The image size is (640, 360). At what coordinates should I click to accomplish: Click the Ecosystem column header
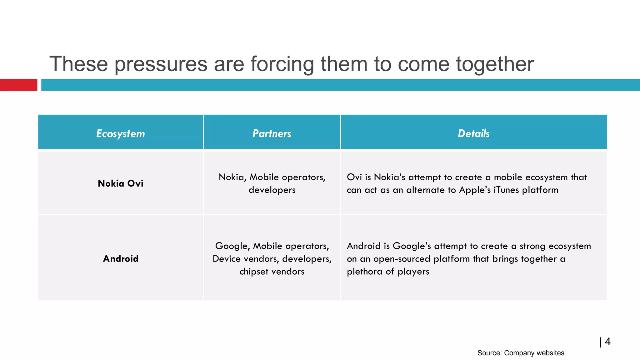[121, 133]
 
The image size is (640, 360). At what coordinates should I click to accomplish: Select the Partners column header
[272, 133]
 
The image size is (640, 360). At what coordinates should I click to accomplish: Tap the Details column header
[473, 133]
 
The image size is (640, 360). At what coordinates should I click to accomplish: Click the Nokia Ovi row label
[121, 183]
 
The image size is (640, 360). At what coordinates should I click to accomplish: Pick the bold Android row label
[121, 258]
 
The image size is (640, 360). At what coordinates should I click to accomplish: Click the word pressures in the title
[161, 64]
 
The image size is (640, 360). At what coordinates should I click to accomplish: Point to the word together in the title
[495, 64]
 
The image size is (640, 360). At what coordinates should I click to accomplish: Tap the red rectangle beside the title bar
[18, 85]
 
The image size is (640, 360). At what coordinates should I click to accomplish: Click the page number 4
[607, 342]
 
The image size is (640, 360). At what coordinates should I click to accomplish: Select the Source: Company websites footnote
[521, 353]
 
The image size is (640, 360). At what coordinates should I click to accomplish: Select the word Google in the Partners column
[231, 246]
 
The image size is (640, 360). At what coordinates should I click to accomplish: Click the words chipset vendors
[272, 272]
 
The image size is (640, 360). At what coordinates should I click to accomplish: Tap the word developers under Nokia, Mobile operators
[272, 190]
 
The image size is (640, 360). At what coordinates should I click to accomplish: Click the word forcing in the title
[282, 64]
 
